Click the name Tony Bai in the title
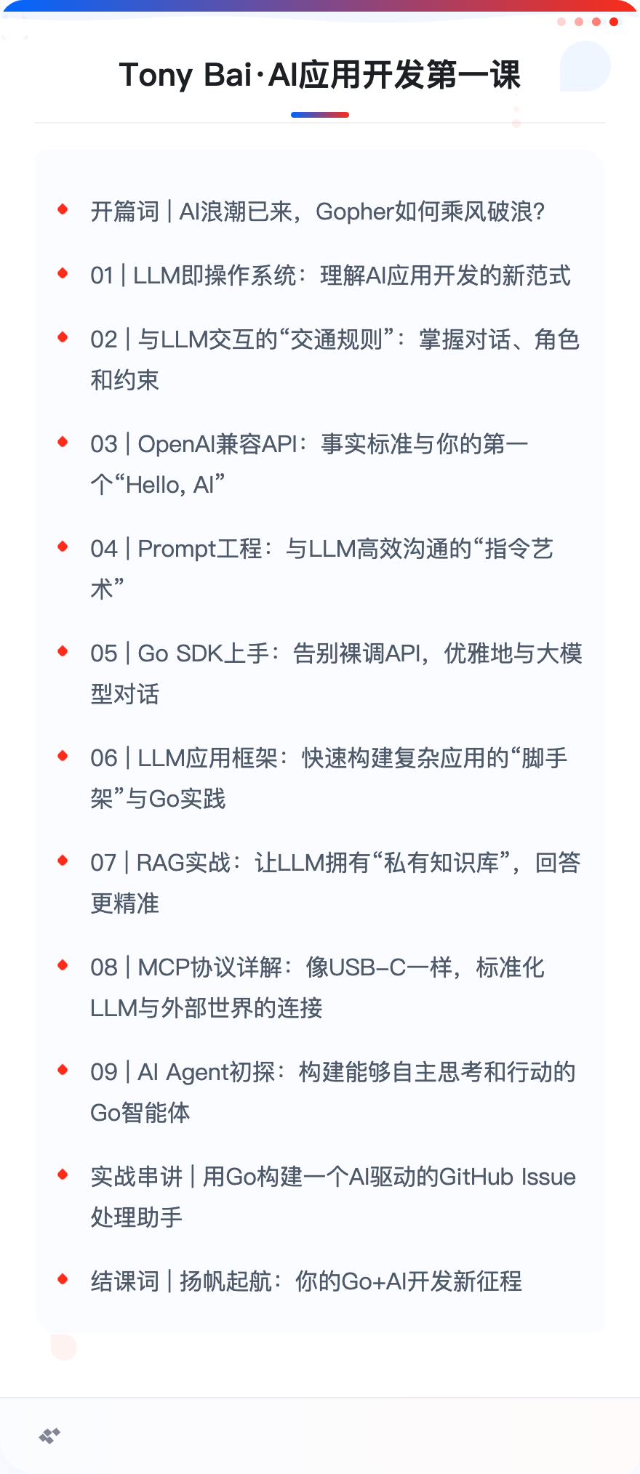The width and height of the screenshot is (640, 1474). (185, 75)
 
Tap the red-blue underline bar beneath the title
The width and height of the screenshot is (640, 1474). (320, 115)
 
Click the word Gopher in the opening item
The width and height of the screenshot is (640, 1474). (355, 212)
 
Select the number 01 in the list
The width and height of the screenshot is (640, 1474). (102, 275)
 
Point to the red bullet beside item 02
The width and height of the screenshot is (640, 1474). (63, 337)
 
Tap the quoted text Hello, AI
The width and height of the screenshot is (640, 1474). (169, 485)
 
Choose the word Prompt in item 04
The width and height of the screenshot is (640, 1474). (177, 549)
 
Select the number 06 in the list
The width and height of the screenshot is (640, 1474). (104, 758)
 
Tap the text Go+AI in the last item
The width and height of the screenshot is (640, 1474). (374, 1281)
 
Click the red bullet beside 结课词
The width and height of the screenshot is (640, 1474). (63, 1278)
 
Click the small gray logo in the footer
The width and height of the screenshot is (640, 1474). (49, 1435)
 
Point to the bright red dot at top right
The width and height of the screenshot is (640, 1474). (614, 22)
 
